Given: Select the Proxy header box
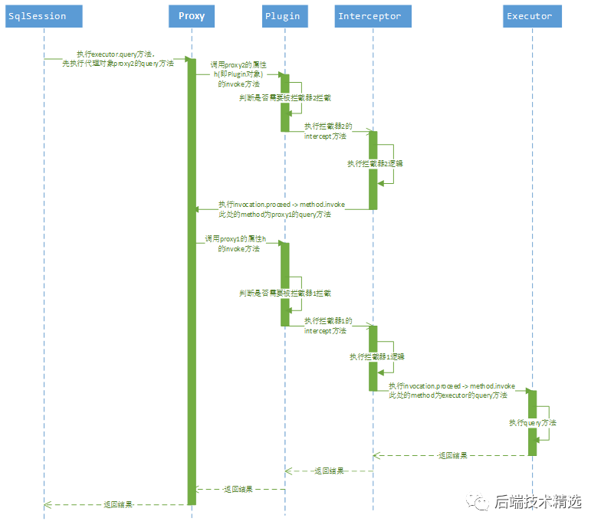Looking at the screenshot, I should [192, 16].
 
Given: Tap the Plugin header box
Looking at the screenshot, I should [283, 16].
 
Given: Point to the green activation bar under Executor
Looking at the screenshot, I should [532, 421].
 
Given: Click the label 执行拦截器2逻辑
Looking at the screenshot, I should [376, 163].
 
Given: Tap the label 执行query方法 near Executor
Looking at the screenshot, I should [533, 422].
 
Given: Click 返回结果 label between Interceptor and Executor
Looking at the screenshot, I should [452, 455].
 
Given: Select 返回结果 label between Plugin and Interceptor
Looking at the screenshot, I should [329, 471].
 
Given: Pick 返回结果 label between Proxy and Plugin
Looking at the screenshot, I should [238, 488].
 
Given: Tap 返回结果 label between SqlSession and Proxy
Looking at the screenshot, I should [118, 504].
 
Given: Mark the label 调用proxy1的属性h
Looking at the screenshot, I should [235, 240].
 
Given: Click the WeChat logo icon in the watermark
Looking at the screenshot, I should [480, 501].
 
